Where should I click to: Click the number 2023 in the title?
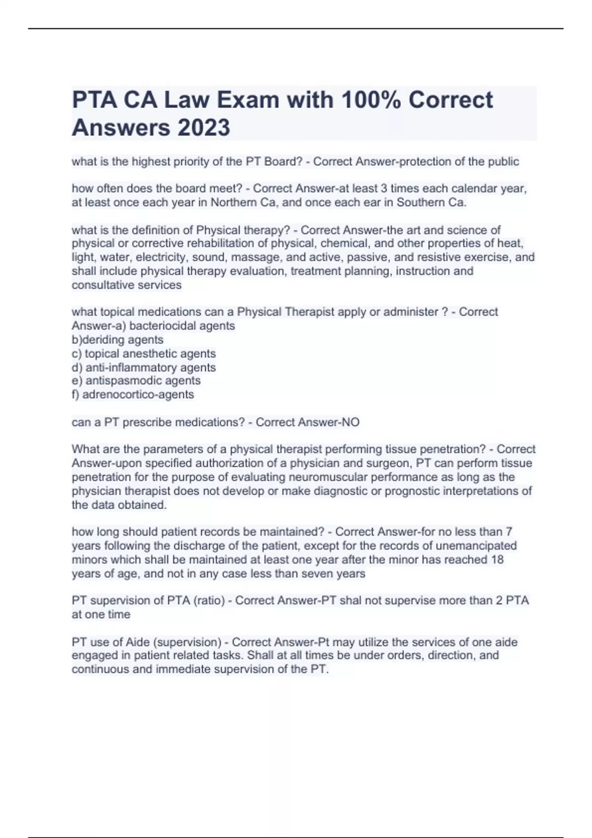[x=203, y=127]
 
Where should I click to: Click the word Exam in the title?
[x=251, y=100]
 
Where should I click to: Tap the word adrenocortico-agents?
[x=138, y=394]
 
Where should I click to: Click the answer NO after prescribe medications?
[x=348, y=422]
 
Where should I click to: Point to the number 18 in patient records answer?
[x=497, y=559]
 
